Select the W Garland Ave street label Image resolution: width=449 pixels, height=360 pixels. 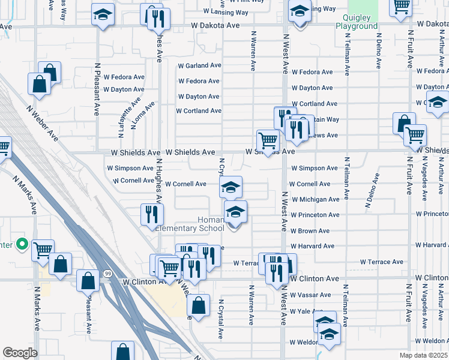200,65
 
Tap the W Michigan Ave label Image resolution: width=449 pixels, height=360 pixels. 315,199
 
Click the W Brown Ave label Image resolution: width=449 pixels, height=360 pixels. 310,231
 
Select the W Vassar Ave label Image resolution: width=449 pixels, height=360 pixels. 310,295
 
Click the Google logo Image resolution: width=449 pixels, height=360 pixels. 20,352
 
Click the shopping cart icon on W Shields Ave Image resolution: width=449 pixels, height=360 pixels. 267,140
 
